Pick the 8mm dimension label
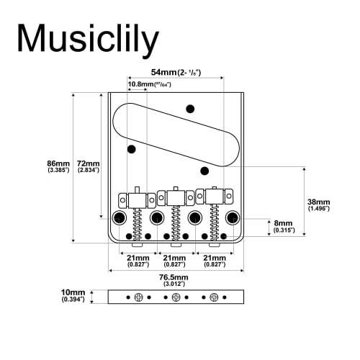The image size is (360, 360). pos(283,227)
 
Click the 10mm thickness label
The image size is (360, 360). pos(72,295)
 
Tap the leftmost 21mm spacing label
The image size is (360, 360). pos(138,260)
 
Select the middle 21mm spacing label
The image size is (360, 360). pos(174,260)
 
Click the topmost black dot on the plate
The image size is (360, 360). pos(191,109)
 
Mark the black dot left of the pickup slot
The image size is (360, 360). pos(132,150)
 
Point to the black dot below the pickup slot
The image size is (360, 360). pos(205,171)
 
